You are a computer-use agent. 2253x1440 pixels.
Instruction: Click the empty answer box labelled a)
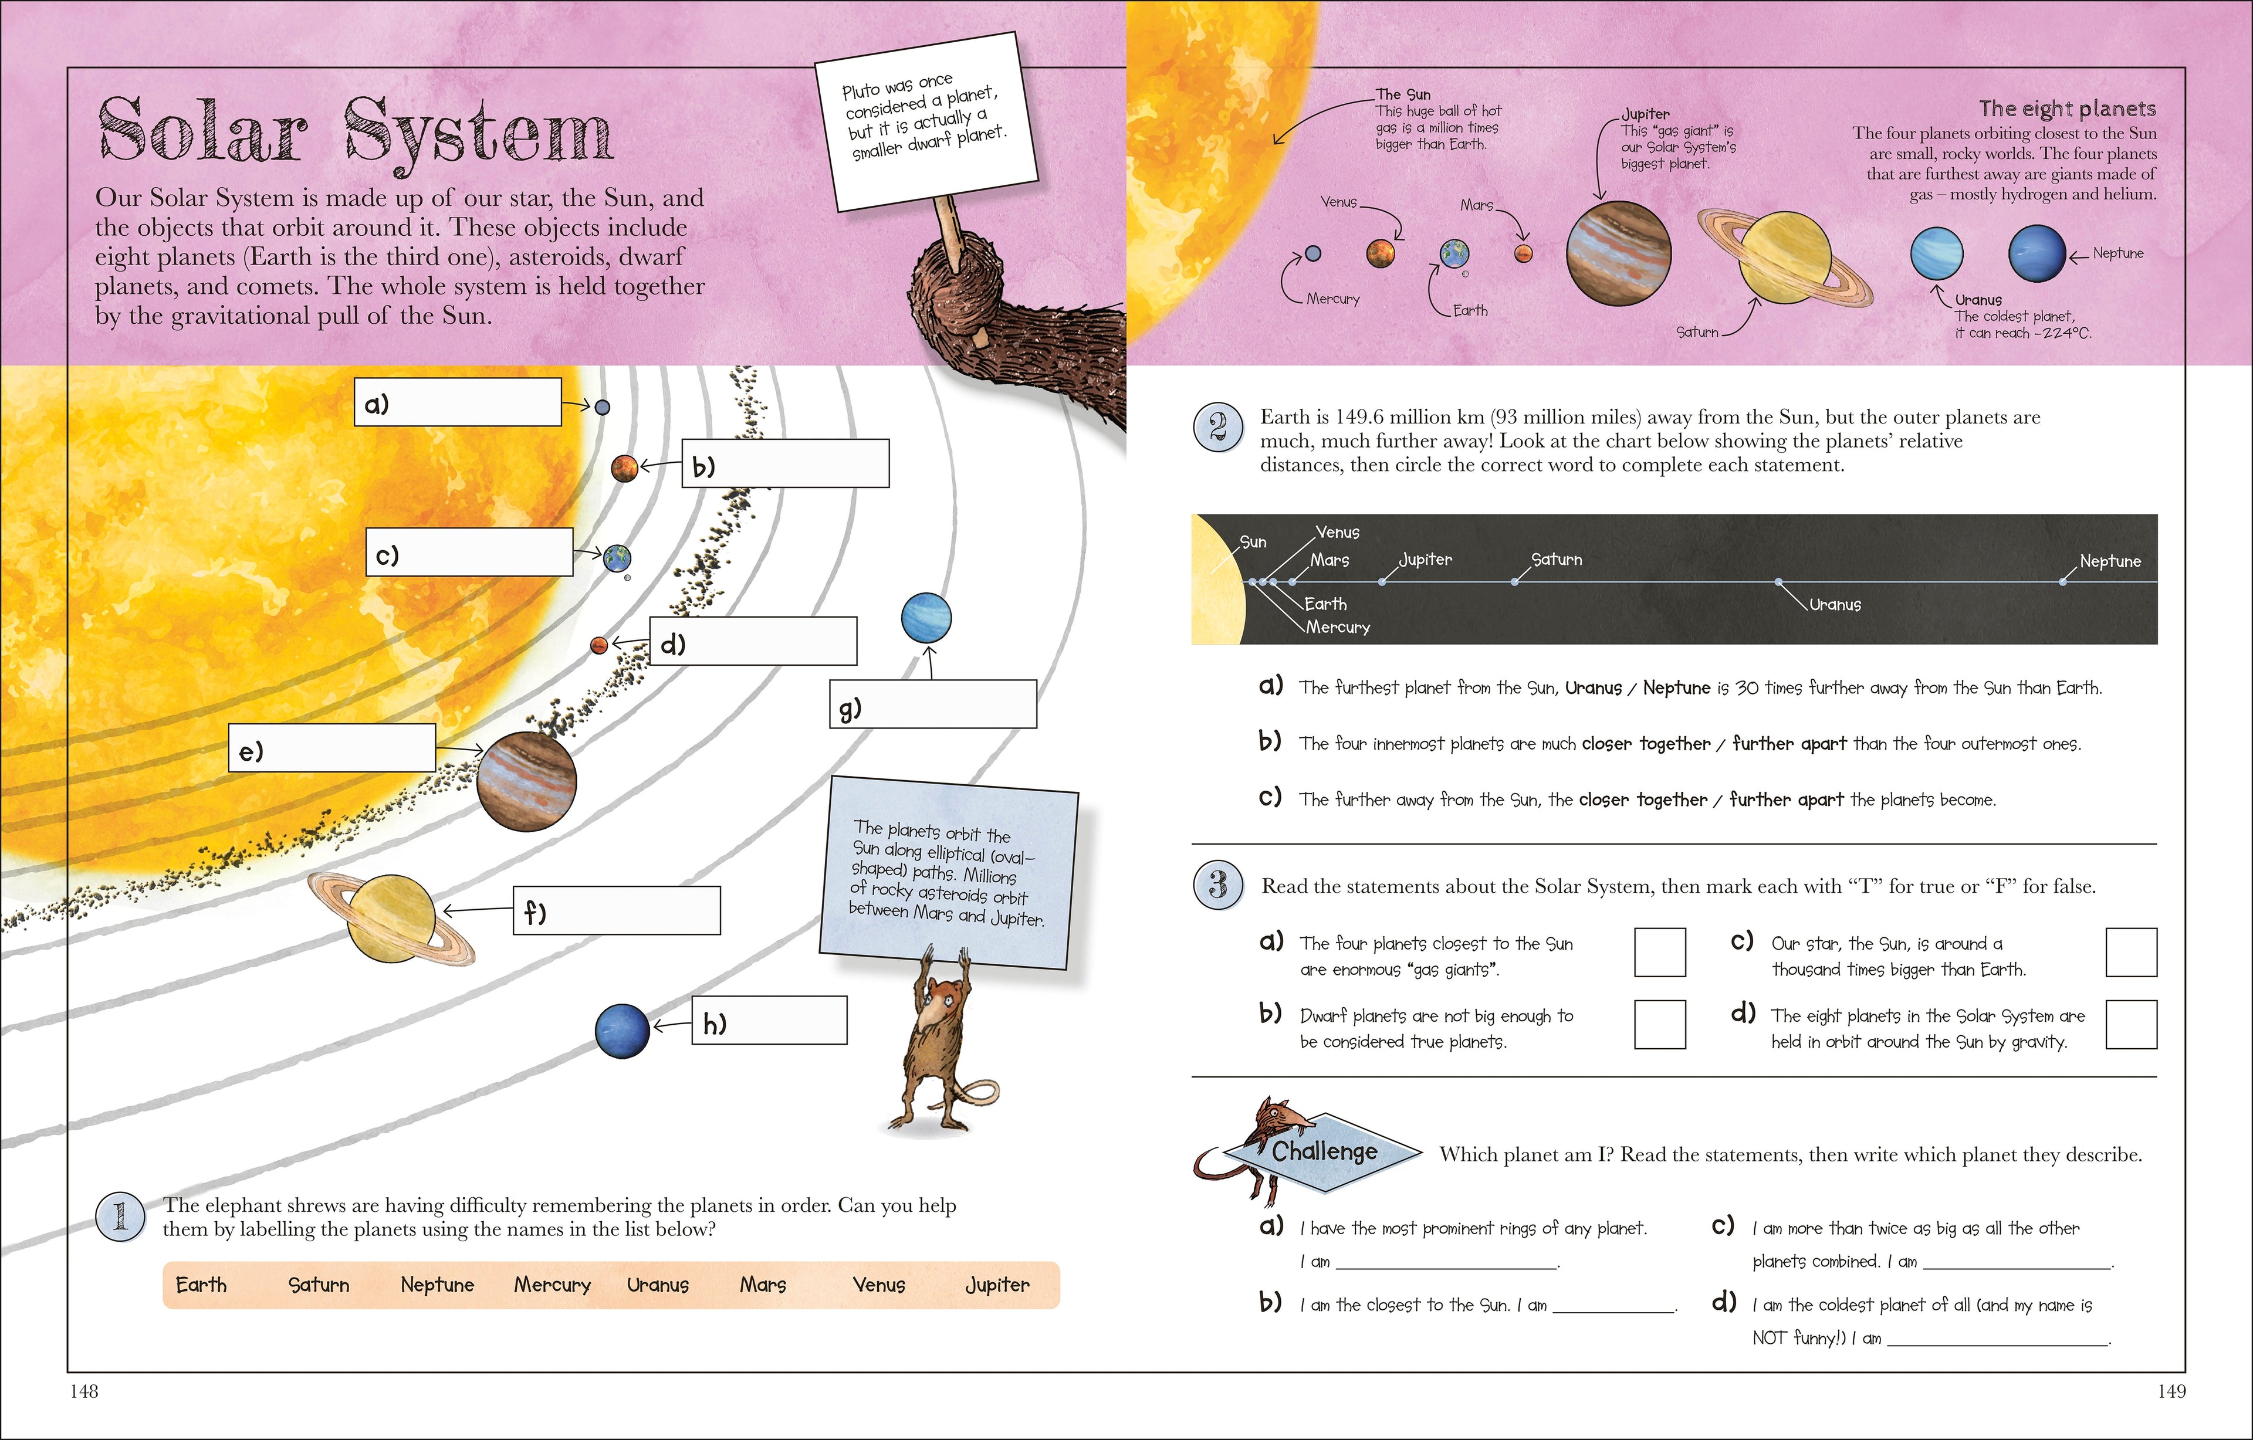pyautogui.click(x=458, y=402)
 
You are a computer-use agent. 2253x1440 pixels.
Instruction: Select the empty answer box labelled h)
pyautogui.click(x=769, y=1020)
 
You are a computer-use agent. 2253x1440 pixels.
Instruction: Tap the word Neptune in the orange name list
pyautogui.click(x=437, y=1285)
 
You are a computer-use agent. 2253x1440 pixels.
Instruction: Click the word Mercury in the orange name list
pyautogui.click(x=552, y=1285)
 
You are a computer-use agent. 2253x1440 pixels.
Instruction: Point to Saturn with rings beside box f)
pyautogui.click(x=391, y=919)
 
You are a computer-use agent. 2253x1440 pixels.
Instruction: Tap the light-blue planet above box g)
pyautogui.click(x=926, y=618)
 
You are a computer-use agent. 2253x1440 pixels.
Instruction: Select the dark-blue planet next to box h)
pyautogui.click(x=622, y=1031)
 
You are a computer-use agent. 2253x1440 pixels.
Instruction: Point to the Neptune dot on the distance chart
pyautogui.click(x=2062, y=582)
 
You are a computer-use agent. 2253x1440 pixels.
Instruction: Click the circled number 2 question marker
pyautogui.click(x=1217, y=429)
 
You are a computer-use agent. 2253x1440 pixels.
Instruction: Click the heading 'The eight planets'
pyautogui.click(x=2067, y=109)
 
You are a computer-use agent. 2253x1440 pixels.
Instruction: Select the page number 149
pyautogui.click(x=2171, y=1391)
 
